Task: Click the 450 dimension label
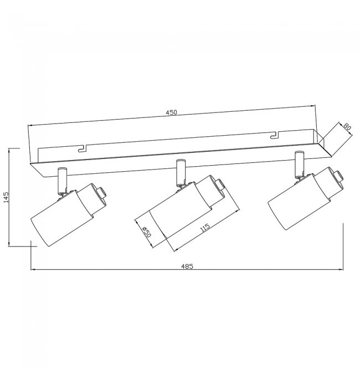click(172, 112)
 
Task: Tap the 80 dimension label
click(347, 127)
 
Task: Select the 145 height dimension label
click(6, 197)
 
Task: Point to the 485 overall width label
click(187, 266)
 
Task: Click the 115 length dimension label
click(205, 227)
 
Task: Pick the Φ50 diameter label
click(147, 232)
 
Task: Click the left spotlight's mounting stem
click(63, 181)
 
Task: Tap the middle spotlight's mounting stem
click(181, 172)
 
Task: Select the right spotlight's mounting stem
click(299, 165)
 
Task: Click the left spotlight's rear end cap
click(101, 193)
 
